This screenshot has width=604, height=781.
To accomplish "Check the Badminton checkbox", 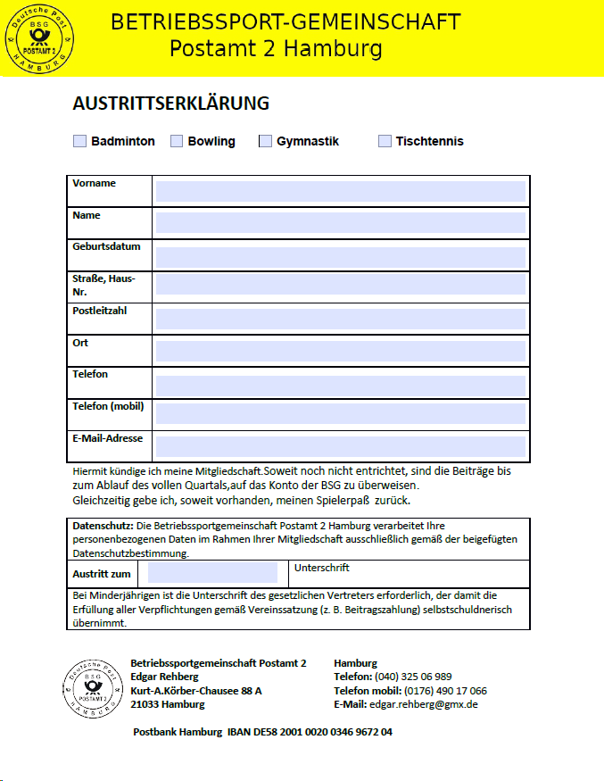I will coord(80,141).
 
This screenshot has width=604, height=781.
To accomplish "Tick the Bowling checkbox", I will coord(177,141).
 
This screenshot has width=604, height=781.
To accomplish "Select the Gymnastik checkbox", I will coord(265,141).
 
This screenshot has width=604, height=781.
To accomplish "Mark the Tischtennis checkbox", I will coord(385,141).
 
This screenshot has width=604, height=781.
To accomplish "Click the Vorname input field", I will coord(341,191).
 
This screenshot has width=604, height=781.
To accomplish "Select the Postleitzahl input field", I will coord(341,319).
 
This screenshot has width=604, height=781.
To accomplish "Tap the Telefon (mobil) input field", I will coord(341,414).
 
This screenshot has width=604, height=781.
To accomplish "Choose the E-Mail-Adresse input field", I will coord(341,445).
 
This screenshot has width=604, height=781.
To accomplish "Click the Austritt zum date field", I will coord(213,573).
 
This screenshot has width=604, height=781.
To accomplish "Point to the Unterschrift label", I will coord(321,568).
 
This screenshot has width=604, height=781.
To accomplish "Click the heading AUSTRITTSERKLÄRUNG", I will coord(170,104).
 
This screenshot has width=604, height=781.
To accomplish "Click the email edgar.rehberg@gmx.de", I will coord(424,704).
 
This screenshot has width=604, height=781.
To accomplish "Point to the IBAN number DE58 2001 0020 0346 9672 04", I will coord(310,732).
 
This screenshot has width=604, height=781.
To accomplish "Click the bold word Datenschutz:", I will coord(103,526).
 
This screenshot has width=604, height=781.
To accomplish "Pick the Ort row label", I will coord(80,343).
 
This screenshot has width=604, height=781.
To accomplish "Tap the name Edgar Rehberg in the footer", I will coord(164,677).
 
